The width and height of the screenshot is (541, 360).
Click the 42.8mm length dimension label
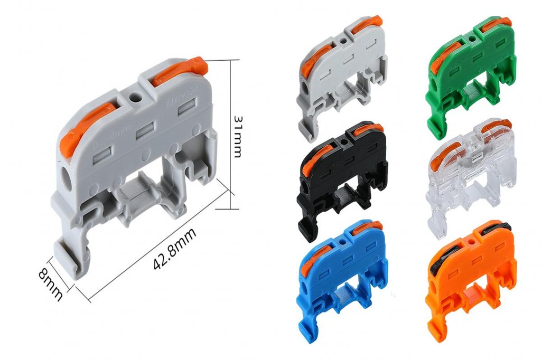(x=175, y=249)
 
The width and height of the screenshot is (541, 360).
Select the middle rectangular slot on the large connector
(x=144, y=132)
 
